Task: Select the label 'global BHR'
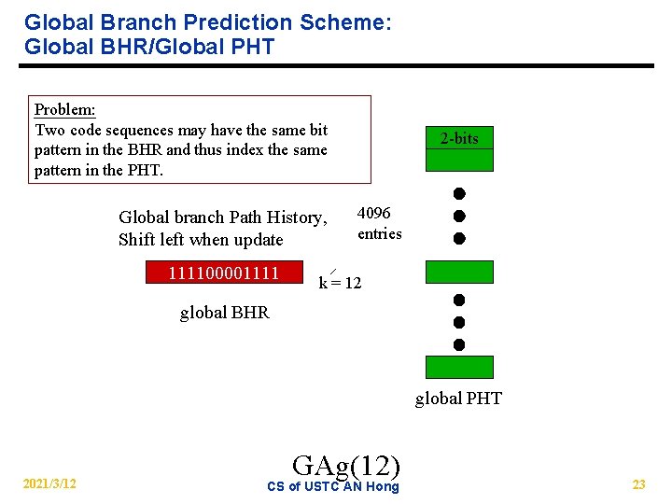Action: (224, 313)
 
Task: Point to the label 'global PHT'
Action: (458, 399)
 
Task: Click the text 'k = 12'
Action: (340, 283)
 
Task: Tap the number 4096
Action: (374, 214)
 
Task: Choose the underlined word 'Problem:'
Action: (64, 109)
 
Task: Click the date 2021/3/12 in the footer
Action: (50, 483)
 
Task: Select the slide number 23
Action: (638, 484)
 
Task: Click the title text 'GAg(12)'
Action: (346, 464)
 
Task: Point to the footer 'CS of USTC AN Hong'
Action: (332, 486)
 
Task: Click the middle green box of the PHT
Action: (459, 272)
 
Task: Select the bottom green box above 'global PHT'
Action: (459, 367)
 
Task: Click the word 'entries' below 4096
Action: (379, 233)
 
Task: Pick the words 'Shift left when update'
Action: (201, 240)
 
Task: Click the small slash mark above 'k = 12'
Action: (332, 271)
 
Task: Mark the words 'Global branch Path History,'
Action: (223, 217)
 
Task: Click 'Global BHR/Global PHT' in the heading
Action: (149, 47)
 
